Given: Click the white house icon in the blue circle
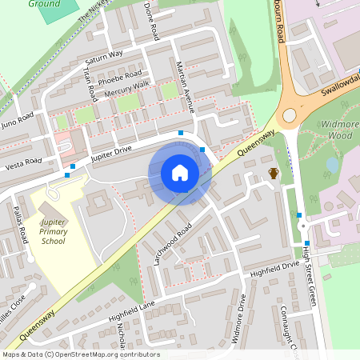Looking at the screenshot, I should coord(180,173).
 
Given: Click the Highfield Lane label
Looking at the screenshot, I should coord(134,313).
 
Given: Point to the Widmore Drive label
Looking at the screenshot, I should coord(239,318).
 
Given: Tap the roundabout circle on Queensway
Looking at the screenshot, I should coord(290,115).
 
